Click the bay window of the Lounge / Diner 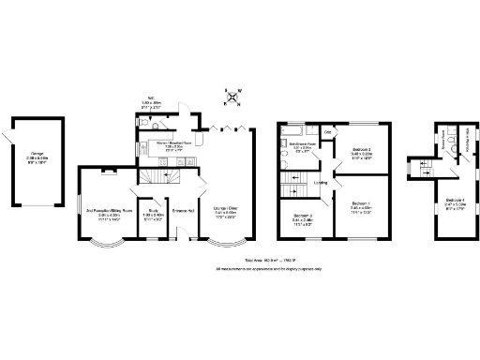click(x=224, y=254)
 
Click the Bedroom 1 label click(x=361, y=208)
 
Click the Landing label click(x=321, y=184)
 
